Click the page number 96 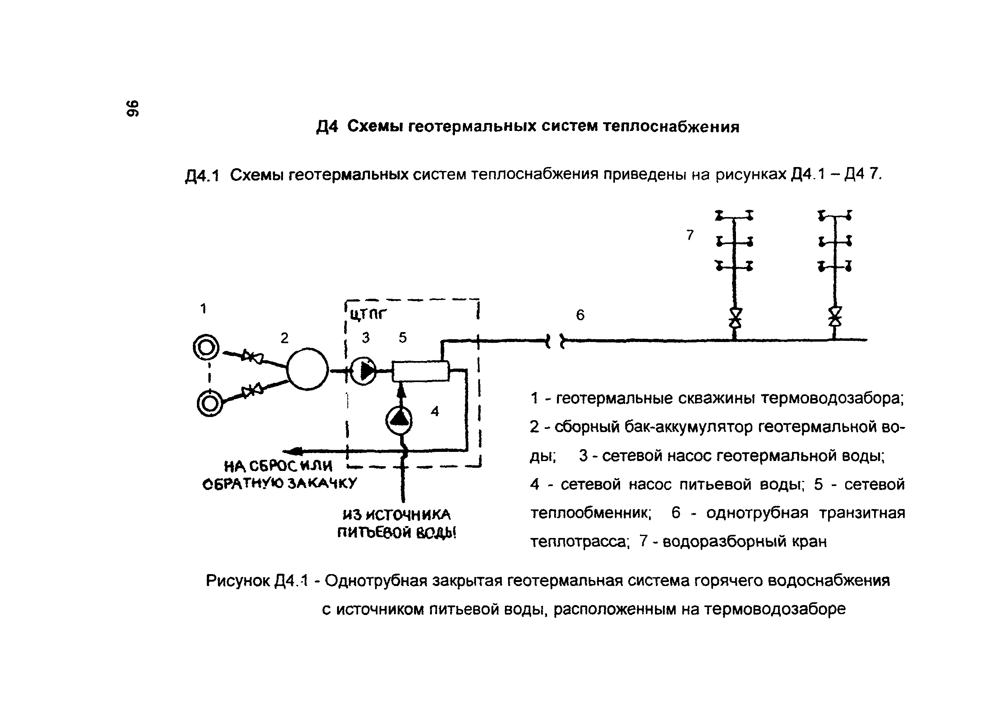pos(132,108)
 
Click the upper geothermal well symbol pos(206,348)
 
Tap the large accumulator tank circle pos(307,369)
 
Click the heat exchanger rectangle pos(421,371)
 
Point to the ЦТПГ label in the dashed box pos(368,313)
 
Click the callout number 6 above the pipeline pos(580,315)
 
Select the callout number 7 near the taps pos(690,235)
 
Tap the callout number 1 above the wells pos(203,309)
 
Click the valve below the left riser pos(736,317)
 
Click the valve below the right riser pos(835,317)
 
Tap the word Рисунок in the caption pos(238,580)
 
